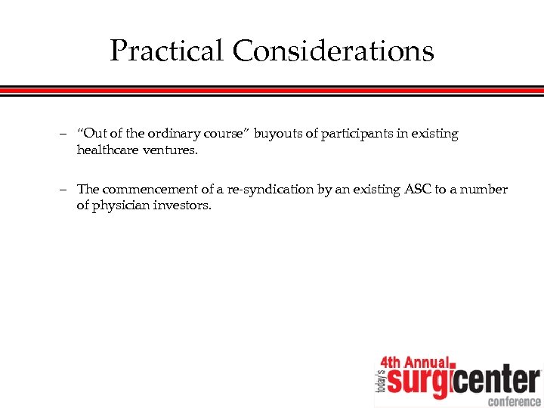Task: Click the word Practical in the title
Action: click(x=167, y=51)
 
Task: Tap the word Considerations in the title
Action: click(x=333, y=51)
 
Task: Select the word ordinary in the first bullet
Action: click(x=173, y=134)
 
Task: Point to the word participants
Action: click(x=354, y=134)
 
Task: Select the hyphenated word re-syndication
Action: click(x=274, y=190)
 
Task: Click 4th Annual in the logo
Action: click(x=415, y=362)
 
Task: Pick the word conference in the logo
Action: click(x=514, y=400)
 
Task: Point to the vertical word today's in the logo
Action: click(x=380, y=382)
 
